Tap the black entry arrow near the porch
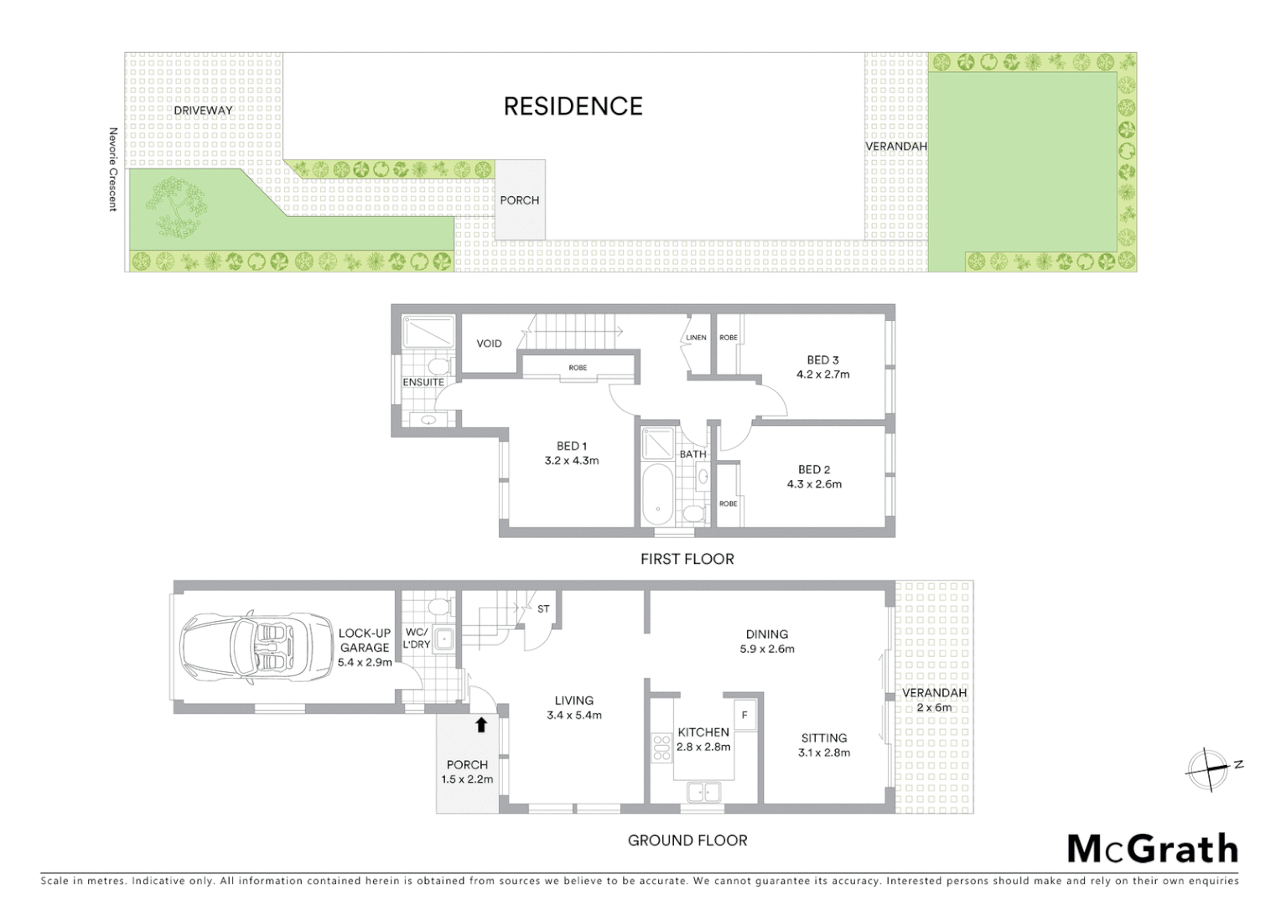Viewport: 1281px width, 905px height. pos(481,724)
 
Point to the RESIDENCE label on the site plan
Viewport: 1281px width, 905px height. pos(573,106)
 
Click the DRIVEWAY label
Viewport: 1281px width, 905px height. pos(204,110)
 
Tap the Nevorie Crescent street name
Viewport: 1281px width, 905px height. pos(112,169)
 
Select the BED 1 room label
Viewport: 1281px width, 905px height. pos(572,446)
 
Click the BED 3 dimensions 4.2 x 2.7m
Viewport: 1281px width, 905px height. pos(822,375)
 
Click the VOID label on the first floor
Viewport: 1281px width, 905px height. pos(489,344)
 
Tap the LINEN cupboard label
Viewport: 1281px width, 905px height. pos(696,338)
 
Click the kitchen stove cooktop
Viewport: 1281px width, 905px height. pos(662,747)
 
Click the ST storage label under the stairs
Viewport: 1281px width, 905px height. pos(543,609)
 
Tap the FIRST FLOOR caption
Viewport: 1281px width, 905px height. pos(687,559)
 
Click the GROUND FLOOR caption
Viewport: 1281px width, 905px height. pos(687,840)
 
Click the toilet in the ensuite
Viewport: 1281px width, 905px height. pos(436,366)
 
